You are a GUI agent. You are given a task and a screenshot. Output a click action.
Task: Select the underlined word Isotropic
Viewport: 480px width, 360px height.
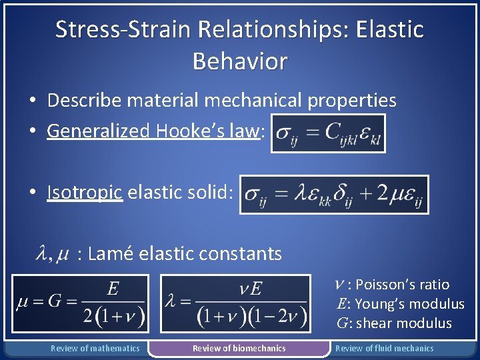coord(85,193)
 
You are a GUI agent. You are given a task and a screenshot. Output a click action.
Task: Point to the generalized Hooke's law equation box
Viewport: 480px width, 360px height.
coord(328,133)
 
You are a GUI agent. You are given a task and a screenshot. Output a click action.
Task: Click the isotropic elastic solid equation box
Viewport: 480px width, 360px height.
coord(334,195)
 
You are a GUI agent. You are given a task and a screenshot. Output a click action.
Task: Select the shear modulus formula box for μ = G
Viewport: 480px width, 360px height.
coord(81,303)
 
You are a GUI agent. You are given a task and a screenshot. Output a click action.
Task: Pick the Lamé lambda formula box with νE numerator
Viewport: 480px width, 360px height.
coord(236,303)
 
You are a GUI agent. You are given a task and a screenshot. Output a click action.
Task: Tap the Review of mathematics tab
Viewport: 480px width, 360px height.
coord(95,348)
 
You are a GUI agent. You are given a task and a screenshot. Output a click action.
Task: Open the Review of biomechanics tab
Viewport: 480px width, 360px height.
coord(239,348)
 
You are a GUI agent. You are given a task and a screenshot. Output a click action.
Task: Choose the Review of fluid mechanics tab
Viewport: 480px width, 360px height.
coord(384,348)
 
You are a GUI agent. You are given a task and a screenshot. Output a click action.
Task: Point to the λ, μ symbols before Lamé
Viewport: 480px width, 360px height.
coord(53,254)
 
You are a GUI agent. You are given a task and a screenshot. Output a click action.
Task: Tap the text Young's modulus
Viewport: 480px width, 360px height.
coord(410,304)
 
